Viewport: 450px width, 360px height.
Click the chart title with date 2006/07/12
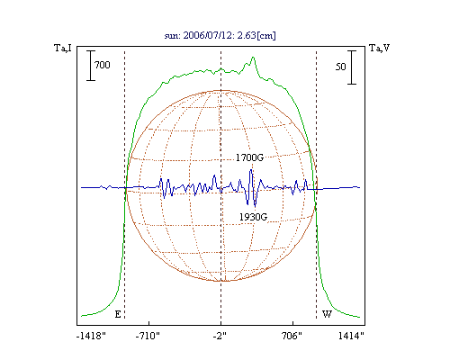tap(220, 35)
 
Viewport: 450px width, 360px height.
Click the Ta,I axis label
tap(63, 48)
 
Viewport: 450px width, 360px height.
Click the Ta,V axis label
tap(380, 48)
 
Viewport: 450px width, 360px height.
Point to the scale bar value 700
tap(103, 65)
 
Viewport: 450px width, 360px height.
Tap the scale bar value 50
tap(341, 67)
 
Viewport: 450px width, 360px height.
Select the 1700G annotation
tap(249, 157)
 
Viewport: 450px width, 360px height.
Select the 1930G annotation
tap(253, 217)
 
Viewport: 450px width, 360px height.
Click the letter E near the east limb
tap(118, 314)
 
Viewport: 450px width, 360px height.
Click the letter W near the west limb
tap(327, 314)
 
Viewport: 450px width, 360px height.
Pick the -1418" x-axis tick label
tap(92, 336)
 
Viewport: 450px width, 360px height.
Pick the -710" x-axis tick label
tap(148, 336)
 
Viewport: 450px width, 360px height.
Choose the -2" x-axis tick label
tap(220, 336)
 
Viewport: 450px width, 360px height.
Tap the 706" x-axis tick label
tap(292, 336)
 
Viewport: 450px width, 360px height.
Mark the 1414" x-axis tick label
tap(351, 336)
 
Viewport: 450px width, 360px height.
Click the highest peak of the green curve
tap(254, 57)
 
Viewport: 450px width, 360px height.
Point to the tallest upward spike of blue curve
tap(251, 170)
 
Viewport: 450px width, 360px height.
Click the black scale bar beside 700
tap(91, 66)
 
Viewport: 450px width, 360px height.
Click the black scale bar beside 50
tap(352, 67)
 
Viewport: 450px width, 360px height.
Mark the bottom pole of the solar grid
tap(221, 281)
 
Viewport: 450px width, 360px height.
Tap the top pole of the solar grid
tap(221, 90)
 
